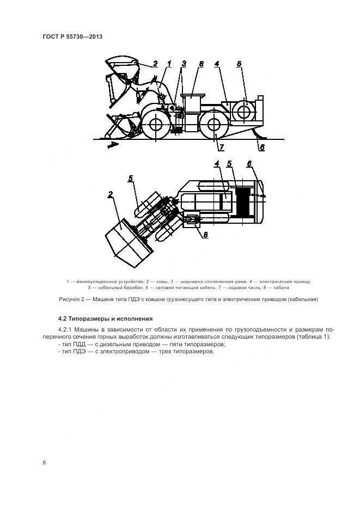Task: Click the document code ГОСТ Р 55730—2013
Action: tap(72, 36)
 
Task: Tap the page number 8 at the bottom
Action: tap(44, 462)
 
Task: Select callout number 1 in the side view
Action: tap(169, 64)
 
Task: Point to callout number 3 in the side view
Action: tap(184, 64)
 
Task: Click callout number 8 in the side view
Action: tap(201, 64)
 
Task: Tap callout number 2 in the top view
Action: tap(111, 194)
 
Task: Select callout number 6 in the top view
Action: tap(249, 164)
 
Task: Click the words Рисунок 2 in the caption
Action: tap(72, 299)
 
